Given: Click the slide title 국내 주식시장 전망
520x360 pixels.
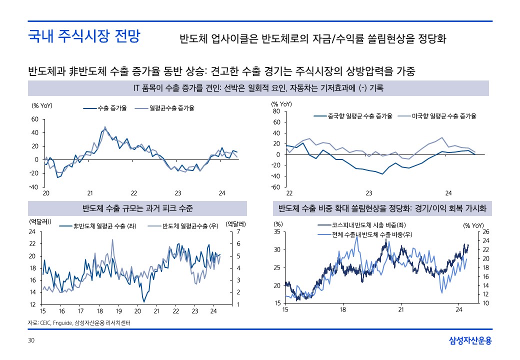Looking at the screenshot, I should (84, 37).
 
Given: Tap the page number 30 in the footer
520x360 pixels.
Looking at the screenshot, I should (31, 340).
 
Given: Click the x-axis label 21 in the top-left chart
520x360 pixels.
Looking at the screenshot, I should (90, 193).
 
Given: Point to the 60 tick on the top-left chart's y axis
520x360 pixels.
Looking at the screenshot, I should (34, 119).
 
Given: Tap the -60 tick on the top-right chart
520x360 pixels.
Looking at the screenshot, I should (274, 187).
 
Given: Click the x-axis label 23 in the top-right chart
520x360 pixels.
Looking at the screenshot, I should (369, 193).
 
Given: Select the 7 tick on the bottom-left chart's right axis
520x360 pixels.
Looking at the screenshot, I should (238, 231).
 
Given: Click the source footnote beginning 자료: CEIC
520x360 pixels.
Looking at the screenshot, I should (79, 323).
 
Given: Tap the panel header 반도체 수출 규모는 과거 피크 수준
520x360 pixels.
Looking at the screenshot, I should (137, 208).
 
